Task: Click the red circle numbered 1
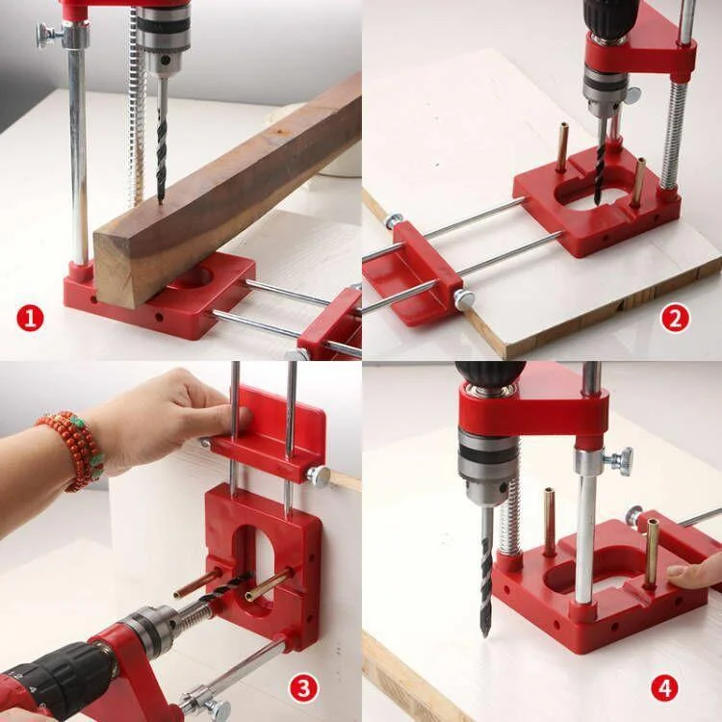tap(30, 318)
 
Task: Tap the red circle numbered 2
tap(675, 318)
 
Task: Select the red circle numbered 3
tap(304, 687)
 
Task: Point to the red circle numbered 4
tap(664, 687)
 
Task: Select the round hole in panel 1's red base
tap(193, 278)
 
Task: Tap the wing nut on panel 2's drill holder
tap(632, 95)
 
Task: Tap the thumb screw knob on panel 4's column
tap(620, 461)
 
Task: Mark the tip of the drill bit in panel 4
tap(486, 631)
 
